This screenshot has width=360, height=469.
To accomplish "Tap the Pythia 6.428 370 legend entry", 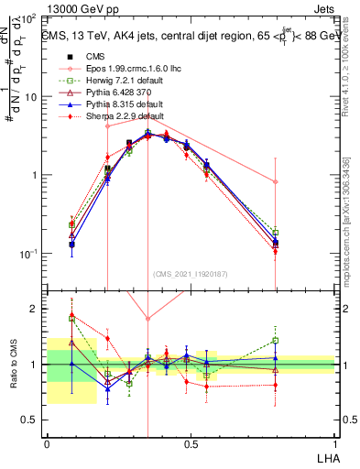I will (102, 94).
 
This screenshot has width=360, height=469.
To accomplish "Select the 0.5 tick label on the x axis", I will (191, 443).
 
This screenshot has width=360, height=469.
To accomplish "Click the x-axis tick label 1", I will (334, 443).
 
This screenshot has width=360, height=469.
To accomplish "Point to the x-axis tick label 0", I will (48, 443).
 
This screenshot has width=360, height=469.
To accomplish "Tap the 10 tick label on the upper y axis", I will (31, 97).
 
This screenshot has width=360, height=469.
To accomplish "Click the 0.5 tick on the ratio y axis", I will (31, 420).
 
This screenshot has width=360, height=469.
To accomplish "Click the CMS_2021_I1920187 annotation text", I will (191, 274).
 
